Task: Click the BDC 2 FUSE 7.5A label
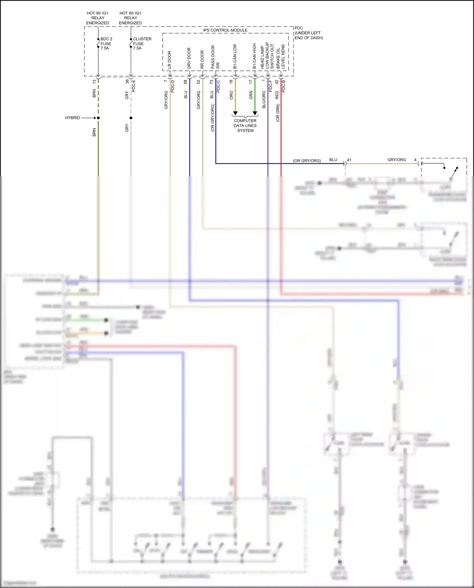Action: (106, 44)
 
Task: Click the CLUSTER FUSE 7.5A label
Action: (142, 44)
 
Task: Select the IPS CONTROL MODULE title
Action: (225, 30)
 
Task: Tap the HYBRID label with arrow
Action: (73, 118)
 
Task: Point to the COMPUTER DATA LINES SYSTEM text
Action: (245, 125)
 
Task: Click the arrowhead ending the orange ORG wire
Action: (235, 113)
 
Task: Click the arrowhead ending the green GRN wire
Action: (255, 113)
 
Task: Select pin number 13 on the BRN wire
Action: (94, 82)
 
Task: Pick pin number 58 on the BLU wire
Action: (185, 82)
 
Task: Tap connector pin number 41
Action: (349, 160)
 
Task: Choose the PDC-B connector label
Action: (283, 86)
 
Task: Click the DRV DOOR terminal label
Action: (189, 58)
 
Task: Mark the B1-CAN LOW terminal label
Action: (235, 56)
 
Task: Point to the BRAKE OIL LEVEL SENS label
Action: (281, 56)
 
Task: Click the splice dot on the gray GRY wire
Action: (131, 118)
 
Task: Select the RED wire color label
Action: (277, 95)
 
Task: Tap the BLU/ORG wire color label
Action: (264, 100)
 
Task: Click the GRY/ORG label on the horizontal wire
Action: (396, 160)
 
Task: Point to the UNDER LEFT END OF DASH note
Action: (308, 35)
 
